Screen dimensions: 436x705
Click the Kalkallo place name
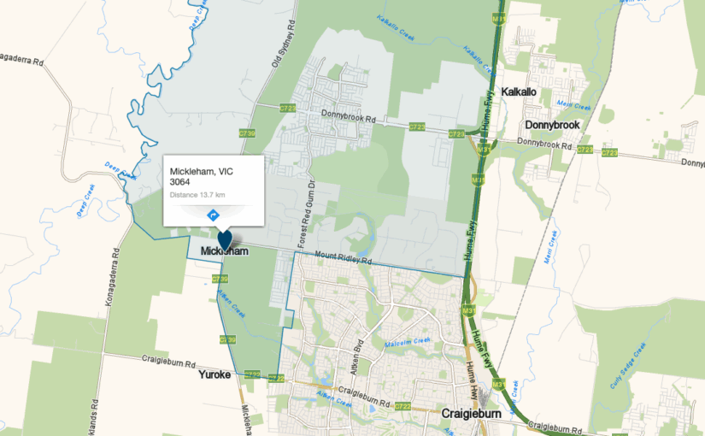coord(519,91)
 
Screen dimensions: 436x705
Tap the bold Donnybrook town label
coord(552,125)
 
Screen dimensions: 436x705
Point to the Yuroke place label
coord(214,374)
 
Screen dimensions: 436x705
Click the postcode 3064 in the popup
coord(180,182)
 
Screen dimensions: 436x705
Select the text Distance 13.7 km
coord(197,195)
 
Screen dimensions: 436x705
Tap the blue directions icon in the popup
coord(213,213)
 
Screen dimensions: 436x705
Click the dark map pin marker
coord(225,240)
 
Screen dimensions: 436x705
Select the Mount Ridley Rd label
coord(344,256)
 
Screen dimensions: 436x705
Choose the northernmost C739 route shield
coord(248,134)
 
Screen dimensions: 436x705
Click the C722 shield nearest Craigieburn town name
coord(403,405)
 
